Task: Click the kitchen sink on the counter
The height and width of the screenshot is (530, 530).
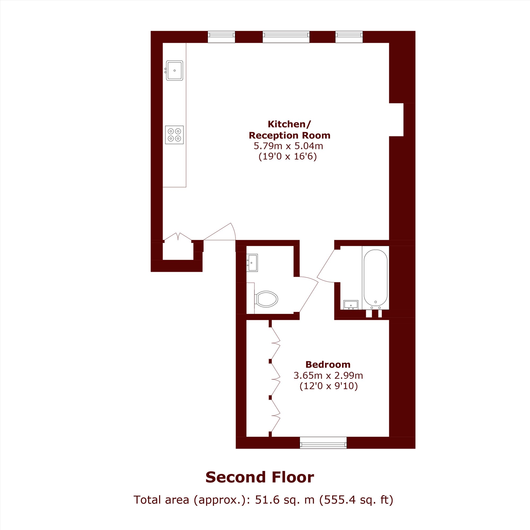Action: point(174,70)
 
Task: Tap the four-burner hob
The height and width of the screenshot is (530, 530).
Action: point(174,135)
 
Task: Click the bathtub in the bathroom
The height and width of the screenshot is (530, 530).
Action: point(375,278)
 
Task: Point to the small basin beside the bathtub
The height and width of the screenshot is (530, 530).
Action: point(351,305)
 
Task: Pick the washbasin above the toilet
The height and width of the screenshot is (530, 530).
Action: point(252,263)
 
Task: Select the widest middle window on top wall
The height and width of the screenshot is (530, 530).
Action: point(286,37)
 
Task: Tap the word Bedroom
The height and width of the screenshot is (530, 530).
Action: point(328,365)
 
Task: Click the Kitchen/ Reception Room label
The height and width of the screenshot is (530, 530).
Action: point(289,130)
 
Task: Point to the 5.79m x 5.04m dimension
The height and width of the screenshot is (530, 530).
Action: point(288,146)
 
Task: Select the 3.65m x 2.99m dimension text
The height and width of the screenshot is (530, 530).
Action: point(328,375)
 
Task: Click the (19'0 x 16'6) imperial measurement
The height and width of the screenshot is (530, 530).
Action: point(288,157)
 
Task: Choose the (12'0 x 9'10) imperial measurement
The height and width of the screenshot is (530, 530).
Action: point(329,386)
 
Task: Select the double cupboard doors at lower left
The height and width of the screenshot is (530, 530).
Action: point(178,237)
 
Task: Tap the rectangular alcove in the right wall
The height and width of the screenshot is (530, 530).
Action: point(396,120)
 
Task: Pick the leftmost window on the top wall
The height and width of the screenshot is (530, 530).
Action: point(221,37)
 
